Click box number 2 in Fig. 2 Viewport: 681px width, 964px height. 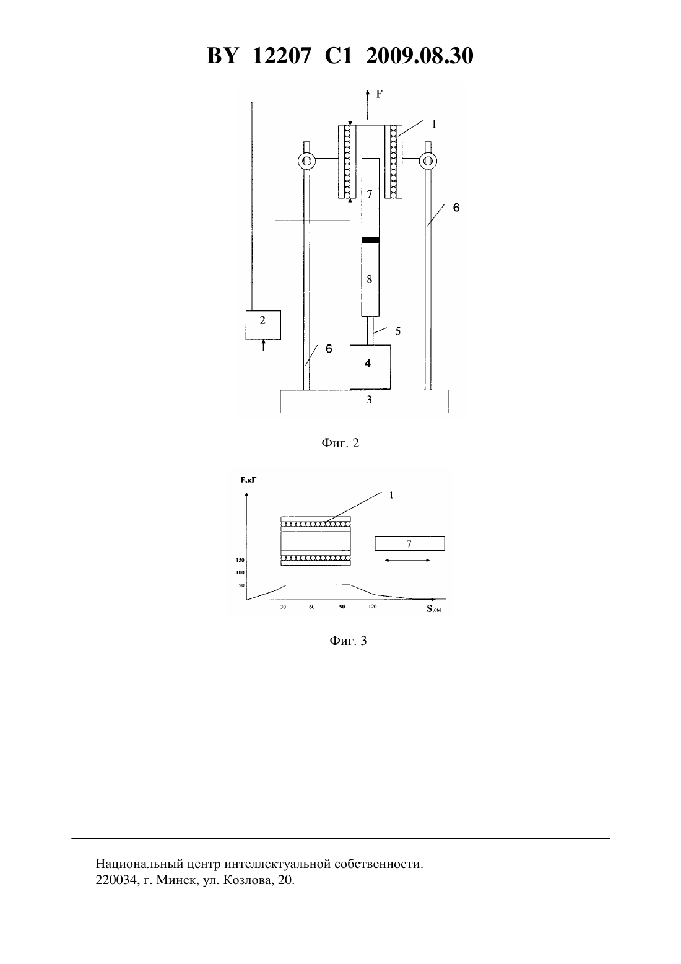tap(263, 325)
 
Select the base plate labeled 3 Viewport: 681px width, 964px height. tap(364, 401)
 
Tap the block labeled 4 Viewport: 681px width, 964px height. tap(370, 367)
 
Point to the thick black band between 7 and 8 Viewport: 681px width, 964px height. tap(370, 240)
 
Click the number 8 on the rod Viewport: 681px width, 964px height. tap(370, 279)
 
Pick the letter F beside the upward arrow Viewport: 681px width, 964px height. tap(379, 94)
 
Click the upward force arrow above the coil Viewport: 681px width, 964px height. tap(368, 105)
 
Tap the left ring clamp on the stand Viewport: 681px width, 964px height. tap(306, 162)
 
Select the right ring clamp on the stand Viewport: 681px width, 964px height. tap(428, 162)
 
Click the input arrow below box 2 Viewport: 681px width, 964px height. tap(263, 345)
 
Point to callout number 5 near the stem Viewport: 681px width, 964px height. tap(397, 331)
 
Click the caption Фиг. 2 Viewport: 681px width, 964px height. tap(340, 443)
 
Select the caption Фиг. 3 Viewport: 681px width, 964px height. tap(348, 641)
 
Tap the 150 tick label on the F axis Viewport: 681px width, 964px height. tap(240, 560)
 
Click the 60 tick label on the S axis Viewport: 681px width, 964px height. tap(311, 607)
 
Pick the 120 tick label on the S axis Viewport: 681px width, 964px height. tap(372, 607)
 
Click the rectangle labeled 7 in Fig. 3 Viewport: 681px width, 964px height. tap(410, 543)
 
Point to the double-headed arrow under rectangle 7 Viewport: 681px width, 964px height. tap(407, 560)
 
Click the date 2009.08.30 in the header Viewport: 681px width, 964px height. tap(420, 56)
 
